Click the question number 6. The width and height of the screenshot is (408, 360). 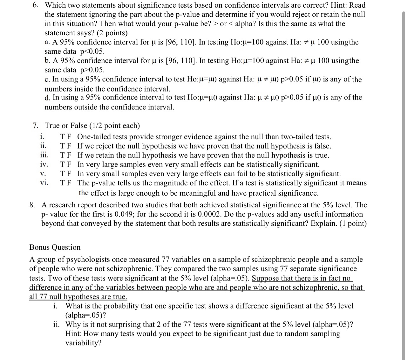[37, 5]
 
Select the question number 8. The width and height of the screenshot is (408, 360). [32, 205]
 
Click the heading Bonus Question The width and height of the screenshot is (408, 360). [55, 247]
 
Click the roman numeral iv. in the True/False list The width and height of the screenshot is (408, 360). [44, 165]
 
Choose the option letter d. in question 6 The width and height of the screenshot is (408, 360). [48, 98]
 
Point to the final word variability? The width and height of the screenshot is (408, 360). [83, 343]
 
